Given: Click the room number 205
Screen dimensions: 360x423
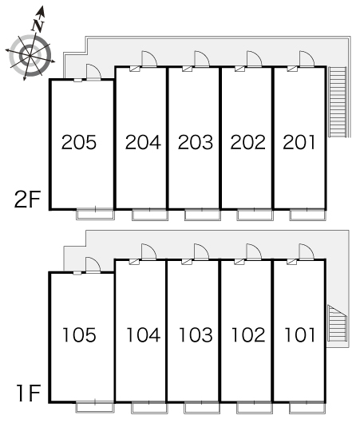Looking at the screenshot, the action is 79,142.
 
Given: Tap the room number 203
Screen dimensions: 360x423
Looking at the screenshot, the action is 196,142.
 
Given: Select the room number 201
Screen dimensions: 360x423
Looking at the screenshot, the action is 299,142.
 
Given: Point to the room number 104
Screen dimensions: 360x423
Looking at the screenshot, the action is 144,334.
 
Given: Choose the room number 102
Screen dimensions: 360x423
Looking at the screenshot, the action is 248,334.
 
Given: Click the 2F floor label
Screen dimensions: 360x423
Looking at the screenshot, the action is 27,199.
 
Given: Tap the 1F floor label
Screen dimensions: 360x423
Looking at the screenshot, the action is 29,393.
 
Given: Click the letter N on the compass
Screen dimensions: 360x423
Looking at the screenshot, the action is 38,26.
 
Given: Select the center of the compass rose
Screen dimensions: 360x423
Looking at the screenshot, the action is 30,56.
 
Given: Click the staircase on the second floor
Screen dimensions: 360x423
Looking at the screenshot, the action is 337,102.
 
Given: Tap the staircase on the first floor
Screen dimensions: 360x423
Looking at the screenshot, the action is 337,323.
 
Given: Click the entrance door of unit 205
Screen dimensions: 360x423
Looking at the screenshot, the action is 93,73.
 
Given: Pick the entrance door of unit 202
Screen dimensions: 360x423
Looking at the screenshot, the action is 254,59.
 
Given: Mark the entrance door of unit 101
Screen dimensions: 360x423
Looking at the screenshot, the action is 307,252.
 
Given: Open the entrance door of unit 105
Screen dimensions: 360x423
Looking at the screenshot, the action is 93,265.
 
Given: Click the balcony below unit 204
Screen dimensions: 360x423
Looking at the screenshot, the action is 150,215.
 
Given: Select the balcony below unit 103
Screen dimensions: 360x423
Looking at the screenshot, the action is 202,408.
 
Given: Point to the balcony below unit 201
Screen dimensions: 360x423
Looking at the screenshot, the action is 308,215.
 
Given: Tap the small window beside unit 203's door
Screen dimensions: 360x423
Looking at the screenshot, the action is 188,69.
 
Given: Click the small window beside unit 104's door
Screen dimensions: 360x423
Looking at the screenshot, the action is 134,262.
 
